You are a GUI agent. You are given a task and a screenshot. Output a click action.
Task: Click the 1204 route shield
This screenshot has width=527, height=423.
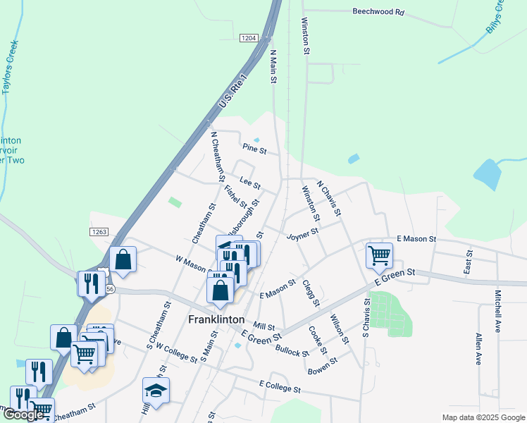pos(248,37)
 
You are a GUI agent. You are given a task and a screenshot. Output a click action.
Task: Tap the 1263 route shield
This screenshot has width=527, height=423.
pos(99,231)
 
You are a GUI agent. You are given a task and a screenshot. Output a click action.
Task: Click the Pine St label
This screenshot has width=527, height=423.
pos(254,149)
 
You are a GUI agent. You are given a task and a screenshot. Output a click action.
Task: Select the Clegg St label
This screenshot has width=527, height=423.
pos(311,293)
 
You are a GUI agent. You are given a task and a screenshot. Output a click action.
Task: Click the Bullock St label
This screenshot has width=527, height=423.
pos(292,348)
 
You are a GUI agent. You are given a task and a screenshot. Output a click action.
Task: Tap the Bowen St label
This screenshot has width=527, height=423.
pos(323,364)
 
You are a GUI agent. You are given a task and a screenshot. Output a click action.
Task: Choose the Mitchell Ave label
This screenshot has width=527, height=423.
pos(497,307)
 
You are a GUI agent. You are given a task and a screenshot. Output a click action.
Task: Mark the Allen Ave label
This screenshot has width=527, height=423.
pos(478,348)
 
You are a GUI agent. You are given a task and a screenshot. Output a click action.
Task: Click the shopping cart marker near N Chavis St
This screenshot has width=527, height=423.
pos(379,255)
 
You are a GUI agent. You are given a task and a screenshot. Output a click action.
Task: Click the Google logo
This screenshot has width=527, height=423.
pos(23,415)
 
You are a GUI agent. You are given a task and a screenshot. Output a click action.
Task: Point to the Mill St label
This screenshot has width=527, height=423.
pos(264,326)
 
